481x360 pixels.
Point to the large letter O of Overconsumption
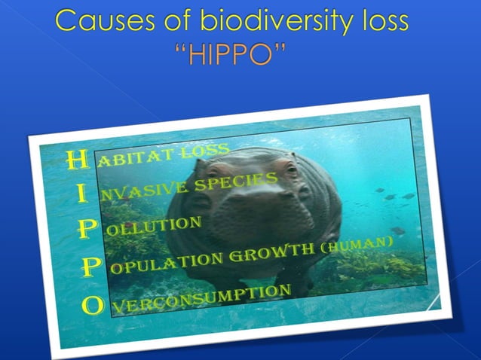click(x=93, y=305)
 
